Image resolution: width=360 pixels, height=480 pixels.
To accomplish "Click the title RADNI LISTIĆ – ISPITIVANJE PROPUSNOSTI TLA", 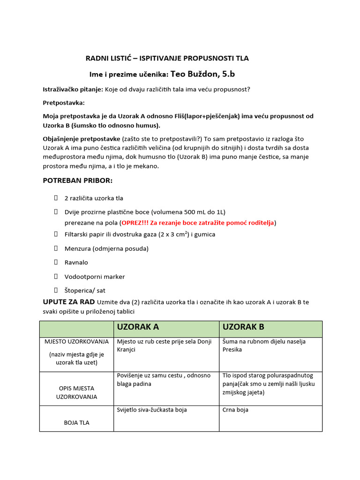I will [x=167, y=58].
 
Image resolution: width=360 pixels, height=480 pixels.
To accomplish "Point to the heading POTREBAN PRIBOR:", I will [x=78, y=180].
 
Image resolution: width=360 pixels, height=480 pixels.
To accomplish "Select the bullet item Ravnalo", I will [x=76, y=262].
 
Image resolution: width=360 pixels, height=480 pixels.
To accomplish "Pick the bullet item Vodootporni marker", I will [x=94, y=277].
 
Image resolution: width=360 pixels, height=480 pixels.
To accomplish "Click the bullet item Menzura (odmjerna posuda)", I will [x=106, y=248].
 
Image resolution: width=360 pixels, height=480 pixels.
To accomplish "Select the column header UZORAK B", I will [x=244, y=327].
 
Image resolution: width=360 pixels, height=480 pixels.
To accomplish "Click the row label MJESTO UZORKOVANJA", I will [x=76, y=341].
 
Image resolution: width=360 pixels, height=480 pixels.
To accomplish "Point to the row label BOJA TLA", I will [x=76, y=422].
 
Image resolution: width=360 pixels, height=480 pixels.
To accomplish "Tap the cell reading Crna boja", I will [x=235, y=410].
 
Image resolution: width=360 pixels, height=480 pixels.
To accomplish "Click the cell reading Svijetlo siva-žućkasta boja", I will [x=152, y=410].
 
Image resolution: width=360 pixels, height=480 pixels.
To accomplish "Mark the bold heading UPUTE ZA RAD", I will [x=69, y=301].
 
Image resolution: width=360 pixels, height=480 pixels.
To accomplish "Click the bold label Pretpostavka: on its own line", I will [x=64, y=103].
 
